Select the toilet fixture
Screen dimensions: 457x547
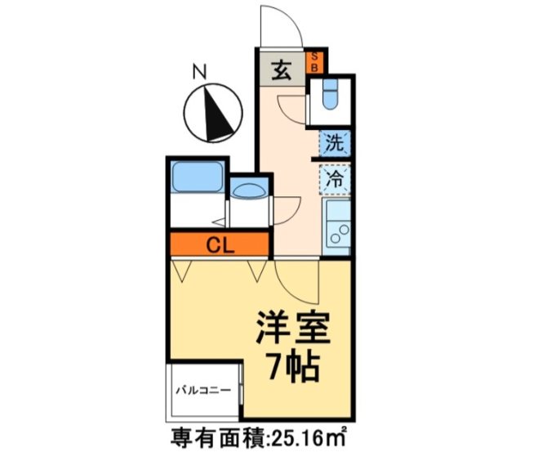click(331, 96)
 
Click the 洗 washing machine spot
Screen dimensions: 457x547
click(335, 143)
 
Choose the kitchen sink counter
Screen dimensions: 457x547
click(336, 226)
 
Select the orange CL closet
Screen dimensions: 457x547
click(219, 244)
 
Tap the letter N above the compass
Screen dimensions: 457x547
click(198, 72)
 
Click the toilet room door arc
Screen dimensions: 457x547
click(291, 105)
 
